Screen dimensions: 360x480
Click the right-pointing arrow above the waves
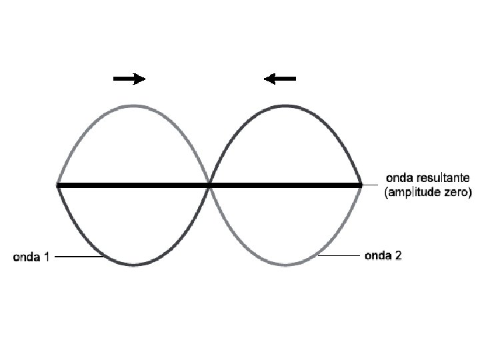(x=129, y=79)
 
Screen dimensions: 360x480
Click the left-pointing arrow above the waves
(x=280, y=79)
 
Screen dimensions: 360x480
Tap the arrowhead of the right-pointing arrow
(x=139, y=79)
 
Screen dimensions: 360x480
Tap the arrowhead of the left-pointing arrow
(x=270, y=79)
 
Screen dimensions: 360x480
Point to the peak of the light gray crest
(x=134, y=105)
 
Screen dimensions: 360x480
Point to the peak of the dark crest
(x=285, y=105)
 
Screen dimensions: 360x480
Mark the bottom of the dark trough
(x=134, y=265)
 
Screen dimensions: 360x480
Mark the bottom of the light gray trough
(x=285, y=265)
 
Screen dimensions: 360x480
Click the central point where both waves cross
(x=210, y=185)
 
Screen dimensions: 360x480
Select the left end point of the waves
(x=59, y=185)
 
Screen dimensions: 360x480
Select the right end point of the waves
(x=361, y=185)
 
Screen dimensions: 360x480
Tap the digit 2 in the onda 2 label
(x=397, y=255)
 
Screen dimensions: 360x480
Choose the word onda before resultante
(x=399, y=179)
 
